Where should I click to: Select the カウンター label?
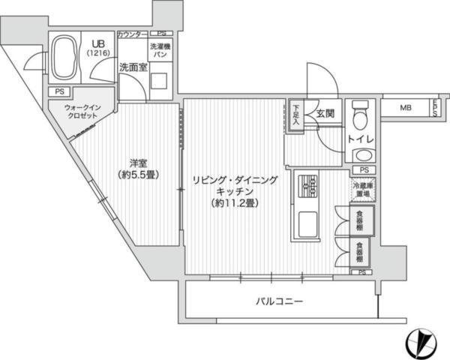coord(133,34)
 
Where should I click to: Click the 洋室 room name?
coord(136,163)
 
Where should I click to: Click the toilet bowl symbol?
coord(360,114)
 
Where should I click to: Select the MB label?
coord(405,108)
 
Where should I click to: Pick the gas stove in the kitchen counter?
coord(308,184)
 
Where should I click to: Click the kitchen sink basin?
coord(308,223)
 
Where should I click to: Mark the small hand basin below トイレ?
coord(361,156)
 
